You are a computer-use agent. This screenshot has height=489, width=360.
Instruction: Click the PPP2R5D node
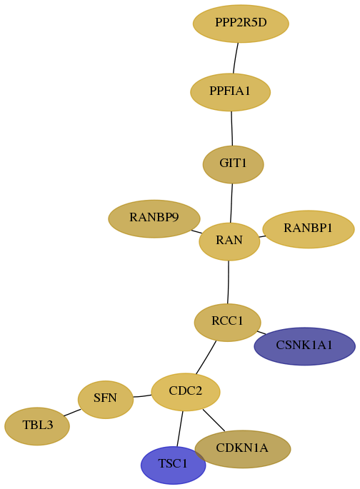tap(241, 24)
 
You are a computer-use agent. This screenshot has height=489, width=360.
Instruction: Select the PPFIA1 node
tap(230, 92)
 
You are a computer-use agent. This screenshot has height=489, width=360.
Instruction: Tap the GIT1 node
tap(233, 164)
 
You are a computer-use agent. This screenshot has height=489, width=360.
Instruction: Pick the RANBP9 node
tap(154, 218)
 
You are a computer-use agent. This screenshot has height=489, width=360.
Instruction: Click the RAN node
tap(229, 241)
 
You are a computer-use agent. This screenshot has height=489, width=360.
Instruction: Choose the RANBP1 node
tap(309, 229)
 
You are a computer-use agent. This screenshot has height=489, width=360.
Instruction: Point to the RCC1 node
tap(227, 322)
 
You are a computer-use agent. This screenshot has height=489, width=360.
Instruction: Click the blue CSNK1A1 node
tap(304, 346)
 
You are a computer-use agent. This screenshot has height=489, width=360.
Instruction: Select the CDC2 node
tap(186, 392)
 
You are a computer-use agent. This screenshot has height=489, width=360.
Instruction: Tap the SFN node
tap(106, 399)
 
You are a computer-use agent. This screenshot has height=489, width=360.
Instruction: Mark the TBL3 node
tap(37, 426)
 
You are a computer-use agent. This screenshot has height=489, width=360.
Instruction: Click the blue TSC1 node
tap(173, 465)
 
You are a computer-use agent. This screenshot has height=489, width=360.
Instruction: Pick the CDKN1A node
tap(242, 449)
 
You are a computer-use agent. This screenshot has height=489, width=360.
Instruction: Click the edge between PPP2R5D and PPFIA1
tap(236, 58)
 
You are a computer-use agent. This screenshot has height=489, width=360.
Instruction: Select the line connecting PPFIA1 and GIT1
tap(231, 128)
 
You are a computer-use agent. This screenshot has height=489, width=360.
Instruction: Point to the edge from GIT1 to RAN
tap(231, 203)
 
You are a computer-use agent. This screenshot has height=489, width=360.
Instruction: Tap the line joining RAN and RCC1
tap(229, 282)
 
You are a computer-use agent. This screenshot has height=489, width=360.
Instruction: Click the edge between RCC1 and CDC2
tap(206, 357)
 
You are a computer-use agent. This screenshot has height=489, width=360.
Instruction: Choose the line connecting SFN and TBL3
tap(72, 413)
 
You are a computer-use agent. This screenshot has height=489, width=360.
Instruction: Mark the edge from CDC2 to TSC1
tap(180, 428)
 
